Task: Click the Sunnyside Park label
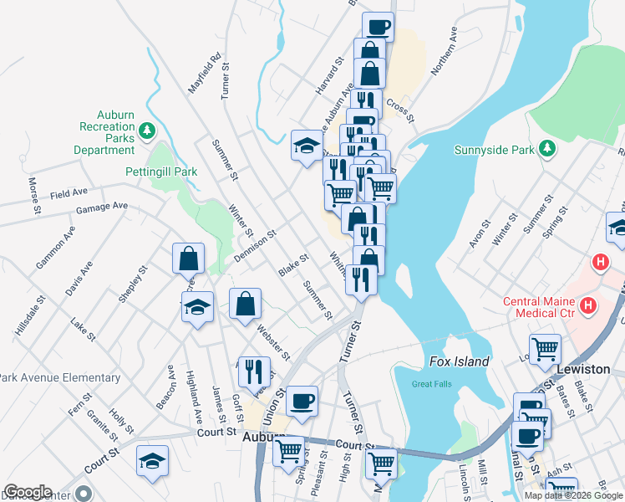tap(493, 151)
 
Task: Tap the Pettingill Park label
tap(161, 172)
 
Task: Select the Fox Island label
tap(459, 361)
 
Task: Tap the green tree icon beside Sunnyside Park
tap(547, 148)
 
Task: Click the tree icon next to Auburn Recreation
tap(147, 130)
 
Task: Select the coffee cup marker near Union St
tap(302, 401)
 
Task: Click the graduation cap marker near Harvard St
tap(307, 145)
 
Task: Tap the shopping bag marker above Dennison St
tap(189, 259)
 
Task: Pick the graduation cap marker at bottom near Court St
tap(153, 460)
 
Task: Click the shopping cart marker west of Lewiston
tap(544, 348)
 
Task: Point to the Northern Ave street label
tap(445, 50)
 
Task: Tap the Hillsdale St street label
tap(27, 315)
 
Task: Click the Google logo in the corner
tap(28, 492)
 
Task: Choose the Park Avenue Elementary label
tap(60, 377)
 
